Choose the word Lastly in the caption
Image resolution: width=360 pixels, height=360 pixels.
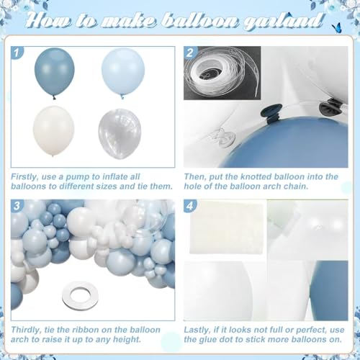pyautogui.click(x=198, y=329)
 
